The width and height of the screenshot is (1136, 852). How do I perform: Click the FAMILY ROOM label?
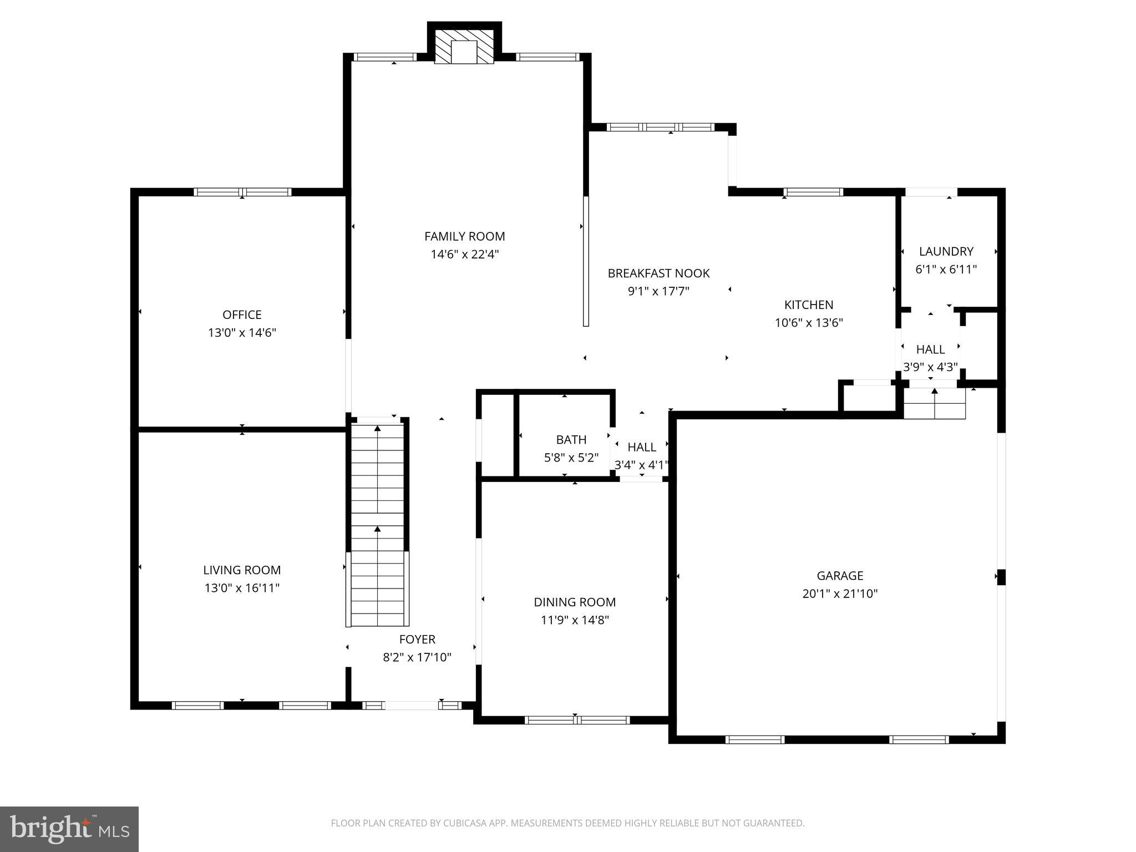tap(464, 236)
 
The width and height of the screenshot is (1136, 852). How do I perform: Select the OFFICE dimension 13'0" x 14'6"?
tap(242, 333)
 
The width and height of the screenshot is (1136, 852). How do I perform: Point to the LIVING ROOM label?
tap(242, 570)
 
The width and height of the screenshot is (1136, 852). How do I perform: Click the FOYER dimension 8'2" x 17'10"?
tap(417, 657)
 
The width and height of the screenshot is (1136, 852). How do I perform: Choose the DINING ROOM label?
tap(575, 602)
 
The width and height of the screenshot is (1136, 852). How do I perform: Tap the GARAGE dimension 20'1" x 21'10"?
tap(840, 594)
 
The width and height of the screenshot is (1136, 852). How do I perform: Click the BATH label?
tap(571, 439)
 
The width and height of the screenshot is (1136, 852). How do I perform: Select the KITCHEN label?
tap(809, 305)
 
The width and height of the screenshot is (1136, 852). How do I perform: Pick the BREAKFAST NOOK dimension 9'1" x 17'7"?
tap(658, 291)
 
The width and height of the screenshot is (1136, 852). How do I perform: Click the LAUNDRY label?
tap(946, 251)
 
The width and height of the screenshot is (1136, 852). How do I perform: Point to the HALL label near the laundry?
tap(930, 349)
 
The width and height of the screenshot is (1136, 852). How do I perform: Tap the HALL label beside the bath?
tap(642, 447)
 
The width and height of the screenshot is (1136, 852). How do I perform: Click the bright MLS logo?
tap(69, 829)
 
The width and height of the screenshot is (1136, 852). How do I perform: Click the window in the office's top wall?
tap(242, 192)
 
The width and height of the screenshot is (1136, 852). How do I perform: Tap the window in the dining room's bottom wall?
tap(577, 720)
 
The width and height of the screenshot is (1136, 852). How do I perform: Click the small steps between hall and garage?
tap(935, 403)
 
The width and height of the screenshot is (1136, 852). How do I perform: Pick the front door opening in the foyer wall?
tap(412, 706)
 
